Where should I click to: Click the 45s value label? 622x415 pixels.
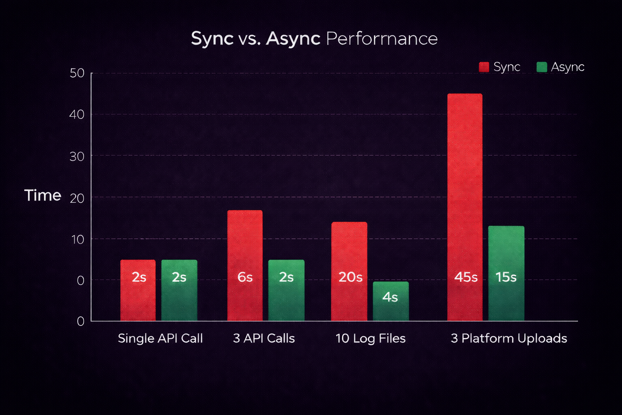tap(466, 277)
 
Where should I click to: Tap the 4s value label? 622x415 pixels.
tap(390, 297)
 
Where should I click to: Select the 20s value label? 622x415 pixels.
tap(350, 277)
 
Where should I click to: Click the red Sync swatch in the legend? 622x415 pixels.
tap(484, 67)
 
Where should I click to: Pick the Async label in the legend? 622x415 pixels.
tap(567, 67)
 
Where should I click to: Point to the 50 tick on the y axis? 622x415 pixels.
tap(77, 73)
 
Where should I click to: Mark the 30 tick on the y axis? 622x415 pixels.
tap(77, 156)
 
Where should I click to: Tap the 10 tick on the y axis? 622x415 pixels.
tap(77, 240)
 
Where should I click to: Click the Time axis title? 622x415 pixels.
tap(43, 195)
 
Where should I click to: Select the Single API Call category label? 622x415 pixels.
tap(160, 338)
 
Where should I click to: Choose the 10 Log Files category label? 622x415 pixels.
tap(371, 338)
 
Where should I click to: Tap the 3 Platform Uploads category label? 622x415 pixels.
tap(509, 338)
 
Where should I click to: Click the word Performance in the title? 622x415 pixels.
tap(381, 39)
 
